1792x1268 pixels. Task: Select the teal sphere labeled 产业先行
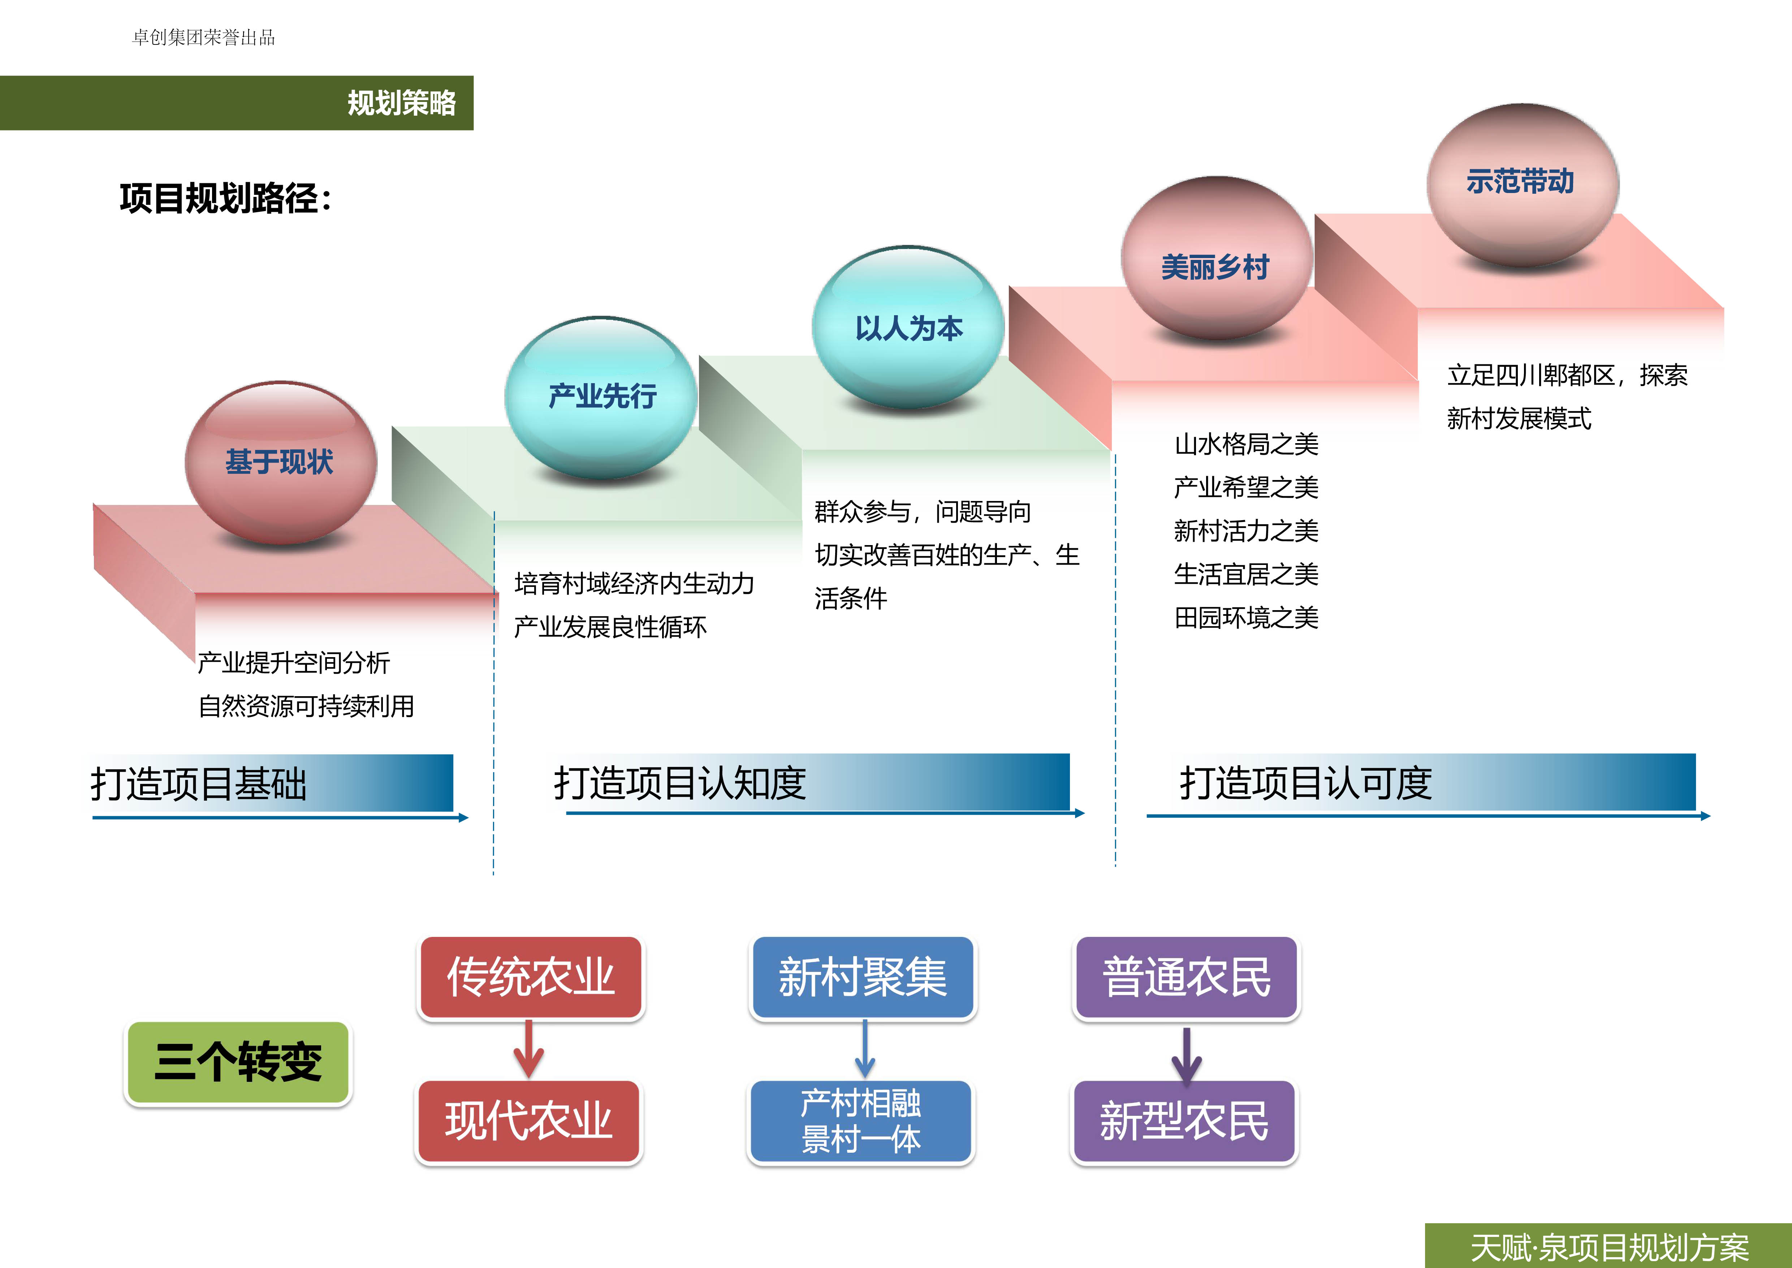coord(601,397)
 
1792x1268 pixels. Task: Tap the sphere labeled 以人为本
coord(908,328)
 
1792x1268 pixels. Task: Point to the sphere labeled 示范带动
coord(1522,184)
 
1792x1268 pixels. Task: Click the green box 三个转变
coord(238,1062)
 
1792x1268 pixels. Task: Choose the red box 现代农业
coord(528,1121)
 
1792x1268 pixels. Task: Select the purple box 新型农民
coord(1184,1121)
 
